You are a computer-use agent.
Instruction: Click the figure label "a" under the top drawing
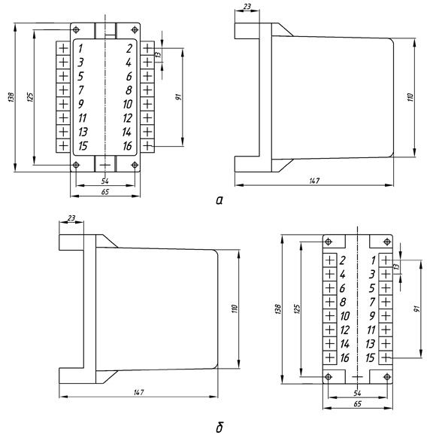click(x=220, y=200)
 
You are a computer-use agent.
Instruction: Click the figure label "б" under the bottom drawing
click(x=220, y=427)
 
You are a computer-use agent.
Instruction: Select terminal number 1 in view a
click(x=80, y=48)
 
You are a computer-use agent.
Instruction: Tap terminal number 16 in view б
click(x=344, y=357)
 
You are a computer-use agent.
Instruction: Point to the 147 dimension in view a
click(x=314, y=181)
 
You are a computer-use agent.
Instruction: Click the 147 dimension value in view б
click(x=138, y=392)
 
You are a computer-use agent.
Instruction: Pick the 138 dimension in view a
click(x=11, y=97)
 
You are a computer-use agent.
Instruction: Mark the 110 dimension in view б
click(x=235, y=309)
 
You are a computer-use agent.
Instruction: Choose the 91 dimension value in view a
click(x=178, y=97)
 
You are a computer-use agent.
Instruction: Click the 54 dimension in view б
click(x=357, y=393)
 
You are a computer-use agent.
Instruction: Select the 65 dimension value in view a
click(x=105, y=192)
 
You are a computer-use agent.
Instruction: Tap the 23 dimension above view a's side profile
click(x=247, y=6)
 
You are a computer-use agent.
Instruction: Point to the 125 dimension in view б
click(x=297, y=309)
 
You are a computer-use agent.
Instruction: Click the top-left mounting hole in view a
click(x=76, y=29)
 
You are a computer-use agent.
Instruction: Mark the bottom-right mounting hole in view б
click(x=387, y=377)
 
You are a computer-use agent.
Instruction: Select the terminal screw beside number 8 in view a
click(x=147, y=90)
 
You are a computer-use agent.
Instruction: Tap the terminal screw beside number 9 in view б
click(x=386, y=316)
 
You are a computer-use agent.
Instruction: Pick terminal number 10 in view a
click(x=128, y=104)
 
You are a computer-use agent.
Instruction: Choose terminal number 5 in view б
click(x=371, y=288)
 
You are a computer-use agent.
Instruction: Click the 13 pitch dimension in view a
click(x=158, y=54)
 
